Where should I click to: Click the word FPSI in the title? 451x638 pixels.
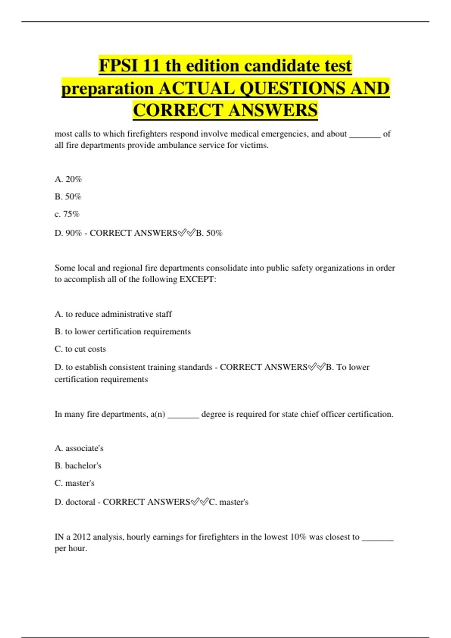[118, 66]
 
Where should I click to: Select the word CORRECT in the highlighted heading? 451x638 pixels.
[178, 111]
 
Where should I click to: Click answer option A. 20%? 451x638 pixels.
[68, 179]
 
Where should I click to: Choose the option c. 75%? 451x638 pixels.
[67, 214]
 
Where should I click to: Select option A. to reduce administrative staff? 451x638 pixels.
[113, 314]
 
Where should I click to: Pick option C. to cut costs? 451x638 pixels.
[80, 349]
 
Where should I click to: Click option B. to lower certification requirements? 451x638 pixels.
[123, 332]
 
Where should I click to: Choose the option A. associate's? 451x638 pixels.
[79, 448]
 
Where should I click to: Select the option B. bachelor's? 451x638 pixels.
[78, 466]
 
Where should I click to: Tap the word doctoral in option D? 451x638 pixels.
[80, 502]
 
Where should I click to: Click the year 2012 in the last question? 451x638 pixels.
[82, 537]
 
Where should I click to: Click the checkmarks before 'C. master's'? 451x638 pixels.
[200, 502]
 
